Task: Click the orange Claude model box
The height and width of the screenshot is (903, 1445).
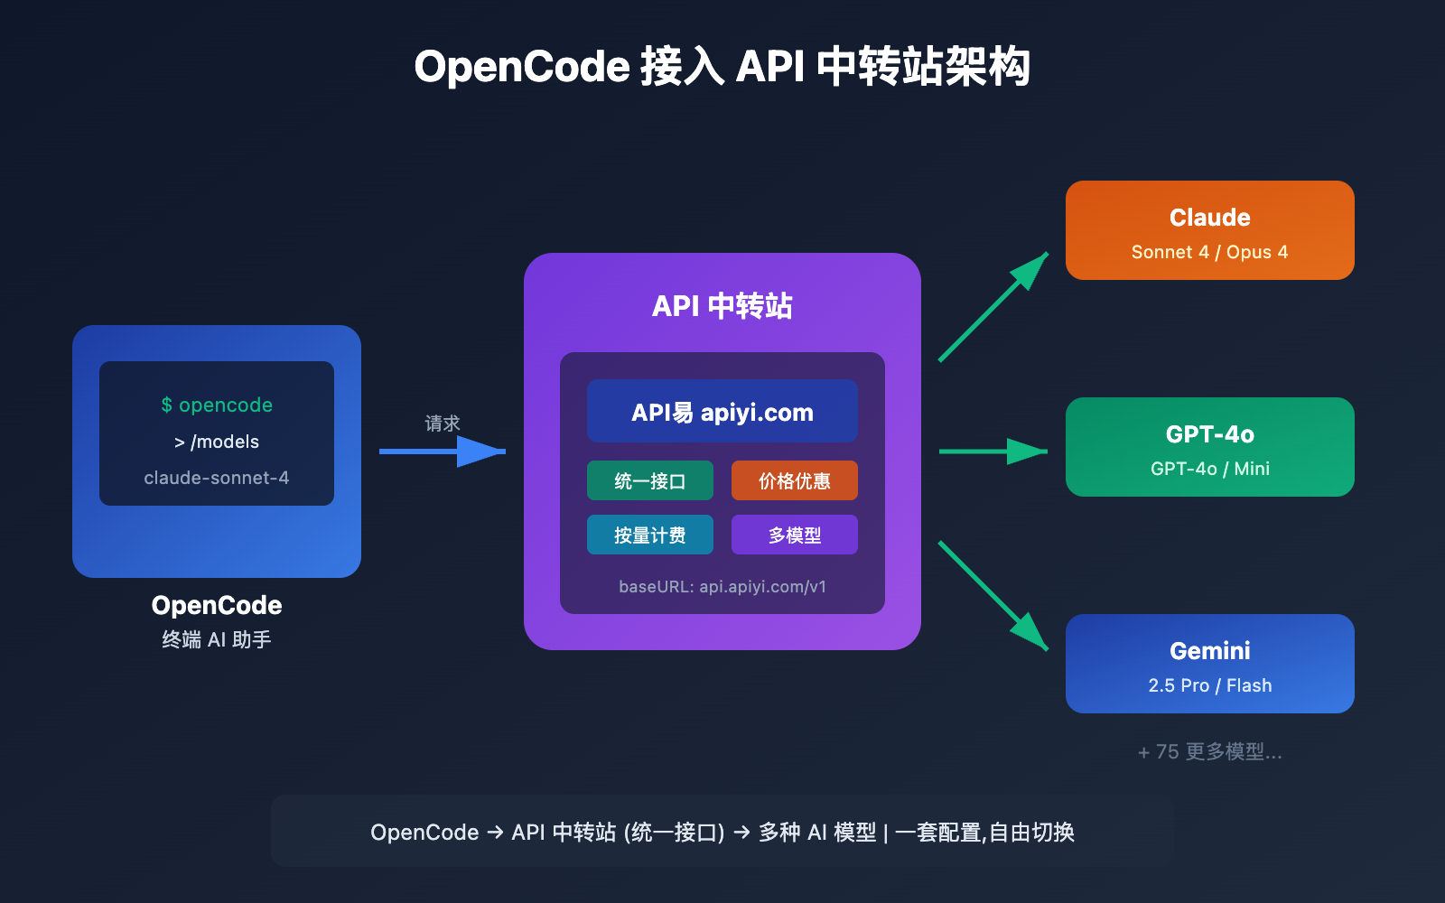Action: (x=1209, y=230)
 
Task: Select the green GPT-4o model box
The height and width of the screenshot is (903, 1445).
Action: (x=1209, y=447)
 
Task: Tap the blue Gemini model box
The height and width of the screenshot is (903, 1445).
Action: (x=1209, y=664)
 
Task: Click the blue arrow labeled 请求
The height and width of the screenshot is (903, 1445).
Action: (x=443, y=451)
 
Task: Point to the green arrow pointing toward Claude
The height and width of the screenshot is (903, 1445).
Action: (x=993, y=307)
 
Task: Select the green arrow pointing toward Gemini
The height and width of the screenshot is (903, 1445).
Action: (x=993, y=596)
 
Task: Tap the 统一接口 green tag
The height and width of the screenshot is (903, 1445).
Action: (x=649, y=480)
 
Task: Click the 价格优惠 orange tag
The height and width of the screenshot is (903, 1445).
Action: (x=794, y=480)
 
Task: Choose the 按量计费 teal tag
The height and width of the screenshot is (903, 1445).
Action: (x=649, y=535)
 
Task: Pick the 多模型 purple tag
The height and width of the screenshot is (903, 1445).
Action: (x=794, y=535)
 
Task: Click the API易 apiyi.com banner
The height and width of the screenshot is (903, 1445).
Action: (x=722, y=412)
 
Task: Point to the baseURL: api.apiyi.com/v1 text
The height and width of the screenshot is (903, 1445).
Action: (x=722, y=587)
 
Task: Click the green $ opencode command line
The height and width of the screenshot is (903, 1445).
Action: (x=217, y=405)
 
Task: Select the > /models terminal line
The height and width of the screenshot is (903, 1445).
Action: (x=217, y=442)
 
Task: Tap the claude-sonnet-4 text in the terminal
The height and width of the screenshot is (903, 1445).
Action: (x=217, y=478)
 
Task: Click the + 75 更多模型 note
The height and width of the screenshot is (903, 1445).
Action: (x=1209, y=751)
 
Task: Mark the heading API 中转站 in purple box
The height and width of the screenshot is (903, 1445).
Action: (x=722, y=306)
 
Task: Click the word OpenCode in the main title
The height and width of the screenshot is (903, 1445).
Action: (x=521, y=67)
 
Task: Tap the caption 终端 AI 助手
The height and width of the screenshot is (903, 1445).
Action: (x=217, y=639)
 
